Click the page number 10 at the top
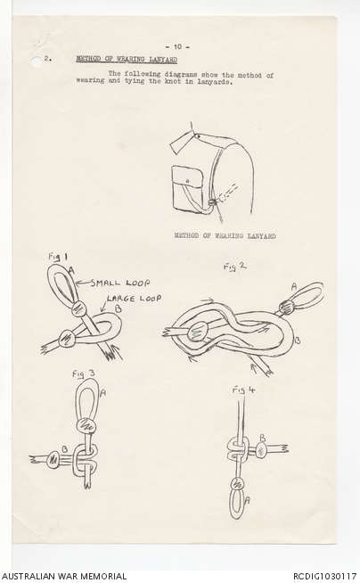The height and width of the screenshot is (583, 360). pyautogui.click(x=177, y=47)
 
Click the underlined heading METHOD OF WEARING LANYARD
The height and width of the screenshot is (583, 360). pyautogui.click(x=127, y=59)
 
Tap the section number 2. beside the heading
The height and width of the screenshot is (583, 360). pyautogui.click(x=48, y=58)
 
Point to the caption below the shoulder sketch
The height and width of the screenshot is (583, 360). pyautogui.click(x=225, y=235)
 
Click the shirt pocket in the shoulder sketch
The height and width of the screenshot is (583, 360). pyautogui.click(x=187, y=188)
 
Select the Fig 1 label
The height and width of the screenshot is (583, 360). pyautogui.click(x=58, y=257)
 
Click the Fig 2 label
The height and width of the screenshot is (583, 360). pyautogui.click(x=234, y=267)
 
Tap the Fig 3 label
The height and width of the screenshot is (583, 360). pyautogui.click(x=83, y=374)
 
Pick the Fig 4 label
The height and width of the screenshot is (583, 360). pyautogui.click(x=244, y=390)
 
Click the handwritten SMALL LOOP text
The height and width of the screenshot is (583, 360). pyautogui.click(x=120, y=283)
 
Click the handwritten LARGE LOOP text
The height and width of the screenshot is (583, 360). pyautogui.click(x=135, y=299)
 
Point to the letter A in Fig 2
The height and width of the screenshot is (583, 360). pyautogui.click(x=294, y=286)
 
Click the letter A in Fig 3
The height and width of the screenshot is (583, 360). pyautogui.click(x=102, y=392)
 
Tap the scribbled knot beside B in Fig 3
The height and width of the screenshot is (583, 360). pyautogui.click(x=53, y=459)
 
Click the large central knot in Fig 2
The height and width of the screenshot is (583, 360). pyautogui.click(x=199, y=331)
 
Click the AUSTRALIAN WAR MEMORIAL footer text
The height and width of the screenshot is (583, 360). pyautogui.click(x=64, y=576)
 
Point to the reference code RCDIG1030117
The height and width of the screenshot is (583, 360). pyautogui.click(x=324, y=576)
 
